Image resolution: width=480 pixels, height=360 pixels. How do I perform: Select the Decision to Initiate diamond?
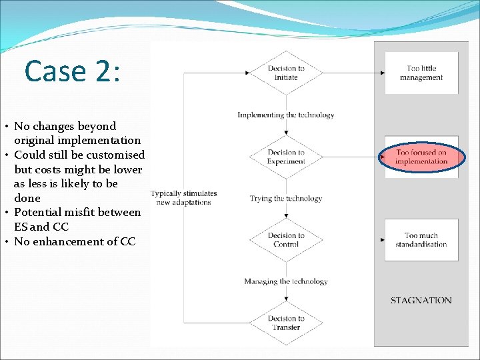click(286, 73)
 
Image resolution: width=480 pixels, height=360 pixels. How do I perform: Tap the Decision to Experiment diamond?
click(286, 157)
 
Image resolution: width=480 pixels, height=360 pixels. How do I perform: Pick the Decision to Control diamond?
click(286, 240)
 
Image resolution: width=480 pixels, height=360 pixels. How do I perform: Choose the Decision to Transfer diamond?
click(286, 323)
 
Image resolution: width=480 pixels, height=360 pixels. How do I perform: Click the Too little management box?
click(421, 73)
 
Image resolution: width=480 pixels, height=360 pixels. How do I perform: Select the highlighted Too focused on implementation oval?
click(421, 157)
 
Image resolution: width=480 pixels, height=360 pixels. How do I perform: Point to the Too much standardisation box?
click(421, 240)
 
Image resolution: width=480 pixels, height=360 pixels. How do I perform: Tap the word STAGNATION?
click(421, 301)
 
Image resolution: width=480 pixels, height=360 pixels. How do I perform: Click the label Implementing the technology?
click(285, 115)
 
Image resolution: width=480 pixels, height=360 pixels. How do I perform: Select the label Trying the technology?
click(285, 198)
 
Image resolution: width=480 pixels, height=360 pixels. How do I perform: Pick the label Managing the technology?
click(285, 281)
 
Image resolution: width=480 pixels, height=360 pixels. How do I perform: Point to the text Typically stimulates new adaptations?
click(184, 198)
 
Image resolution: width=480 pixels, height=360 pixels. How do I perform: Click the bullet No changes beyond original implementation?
click(77, 133)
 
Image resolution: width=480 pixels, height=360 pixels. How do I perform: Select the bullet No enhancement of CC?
click(74, 241)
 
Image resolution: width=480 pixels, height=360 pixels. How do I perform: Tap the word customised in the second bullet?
click(113, 155)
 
